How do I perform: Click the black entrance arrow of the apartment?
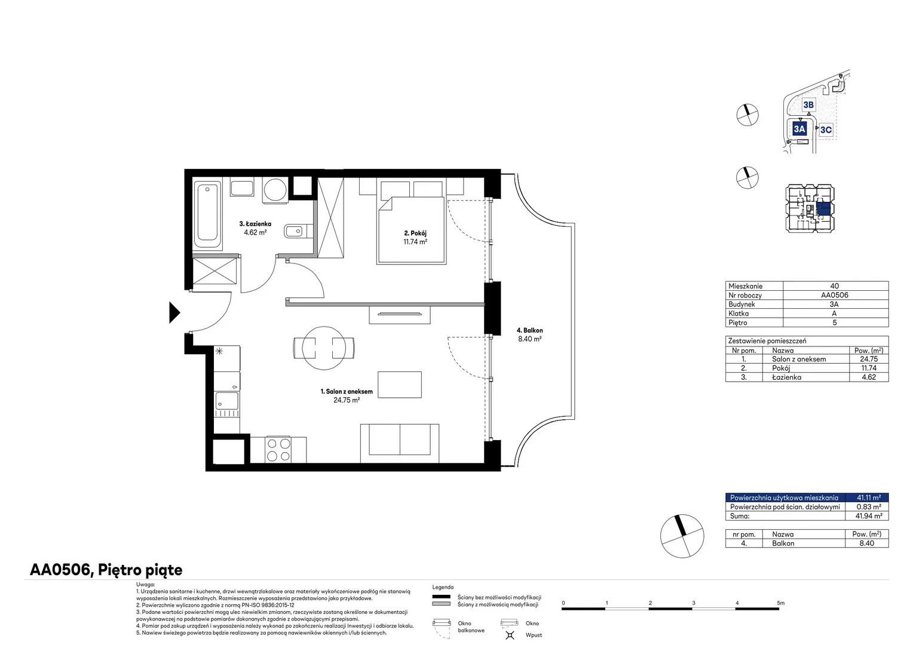174,312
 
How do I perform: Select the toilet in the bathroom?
298,232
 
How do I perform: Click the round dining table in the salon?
324,348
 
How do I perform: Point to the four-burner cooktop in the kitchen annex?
278,450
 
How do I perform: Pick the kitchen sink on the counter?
226,401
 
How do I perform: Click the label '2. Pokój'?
415,233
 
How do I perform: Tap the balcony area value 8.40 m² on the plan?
529,339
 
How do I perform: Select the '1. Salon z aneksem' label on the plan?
347,392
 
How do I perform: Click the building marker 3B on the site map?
808,105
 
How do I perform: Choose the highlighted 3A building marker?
799,129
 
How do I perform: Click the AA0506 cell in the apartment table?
834,295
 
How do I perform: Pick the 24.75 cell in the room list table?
869,359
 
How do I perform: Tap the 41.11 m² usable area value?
869,497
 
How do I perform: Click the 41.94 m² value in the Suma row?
869,516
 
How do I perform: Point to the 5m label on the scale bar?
780,603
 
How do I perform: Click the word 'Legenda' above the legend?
443,587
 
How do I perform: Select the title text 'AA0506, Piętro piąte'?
106,570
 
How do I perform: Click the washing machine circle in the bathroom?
275,189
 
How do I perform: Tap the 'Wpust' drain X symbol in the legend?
510,635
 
